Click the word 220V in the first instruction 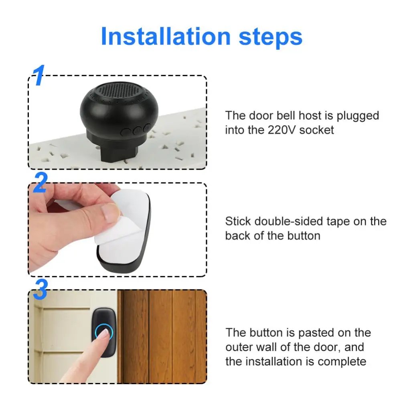click(281, 130)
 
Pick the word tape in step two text click(346, 221)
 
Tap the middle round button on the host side click(137, 130)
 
